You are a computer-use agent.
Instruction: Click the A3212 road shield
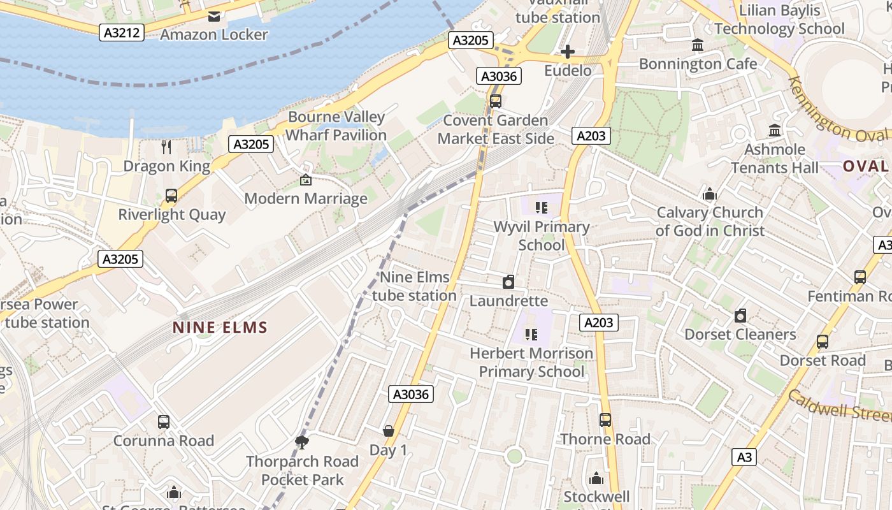click(x=121, y=32)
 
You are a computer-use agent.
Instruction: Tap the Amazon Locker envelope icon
click(x=214, y=16)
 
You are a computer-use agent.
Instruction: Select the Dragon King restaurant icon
click(x=166, y=147)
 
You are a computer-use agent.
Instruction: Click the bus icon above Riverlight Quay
click(x=171, y=196)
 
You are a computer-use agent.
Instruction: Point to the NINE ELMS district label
click(x=220, y=328)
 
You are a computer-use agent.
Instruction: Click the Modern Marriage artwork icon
click(x=306, y=180)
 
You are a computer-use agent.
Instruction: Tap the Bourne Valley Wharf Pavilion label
click(x=336, y=126)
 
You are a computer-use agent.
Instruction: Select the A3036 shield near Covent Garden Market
click(x=499, y=76)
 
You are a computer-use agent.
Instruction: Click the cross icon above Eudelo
click(x=567, y=52)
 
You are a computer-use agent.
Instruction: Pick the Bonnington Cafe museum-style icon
click(x=698, y=45)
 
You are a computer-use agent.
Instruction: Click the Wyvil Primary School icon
click(x=542, y=207)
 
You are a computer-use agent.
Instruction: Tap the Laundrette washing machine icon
click(x=508, y=282)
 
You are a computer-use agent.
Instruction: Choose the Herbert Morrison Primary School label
click(x=531, y=362)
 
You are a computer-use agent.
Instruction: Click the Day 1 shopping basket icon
click(x=389, y=432)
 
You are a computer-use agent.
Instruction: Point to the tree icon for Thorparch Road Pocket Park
click(x=302, y=442)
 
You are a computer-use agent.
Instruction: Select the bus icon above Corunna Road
click(x=164, y=421)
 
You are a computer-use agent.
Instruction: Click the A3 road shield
click(x=744, y=456)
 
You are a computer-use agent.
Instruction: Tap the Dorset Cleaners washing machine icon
click(x=740, y=316)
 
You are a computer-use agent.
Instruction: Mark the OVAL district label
click(x=865, y=166)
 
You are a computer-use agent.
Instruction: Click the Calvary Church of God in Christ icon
click(x=709, y=194)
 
